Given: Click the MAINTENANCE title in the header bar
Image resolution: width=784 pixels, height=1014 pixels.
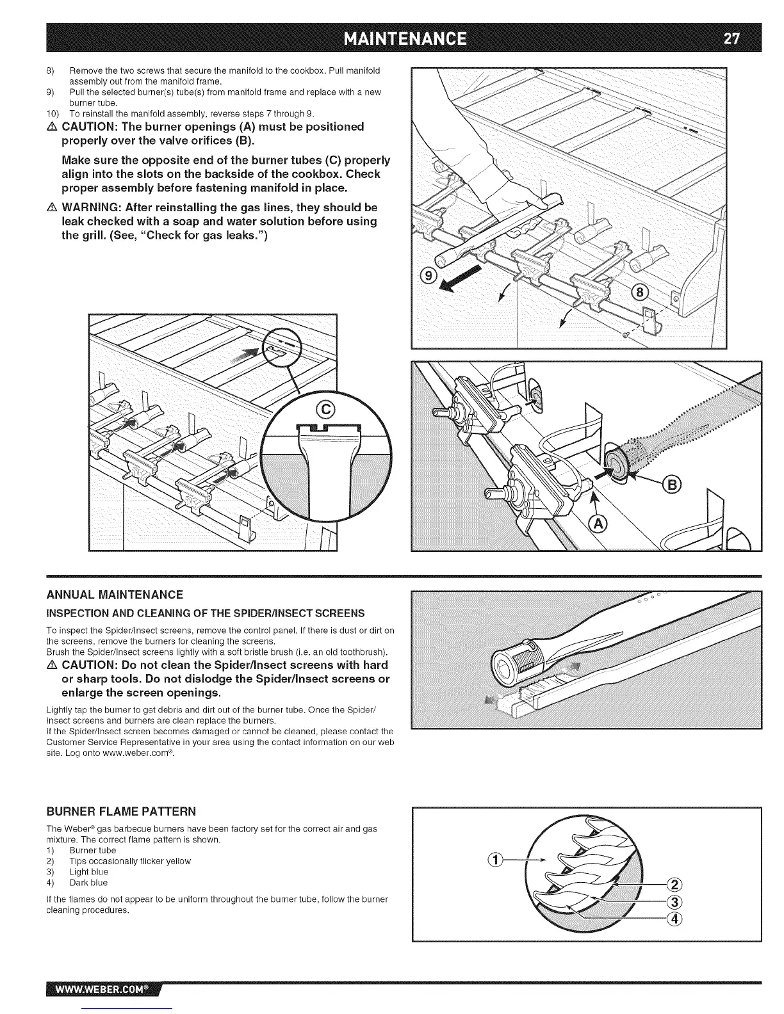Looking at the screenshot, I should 405,38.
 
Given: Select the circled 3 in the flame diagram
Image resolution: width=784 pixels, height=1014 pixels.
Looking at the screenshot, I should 674,903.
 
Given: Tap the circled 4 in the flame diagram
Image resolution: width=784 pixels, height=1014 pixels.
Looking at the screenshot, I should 674,919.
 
